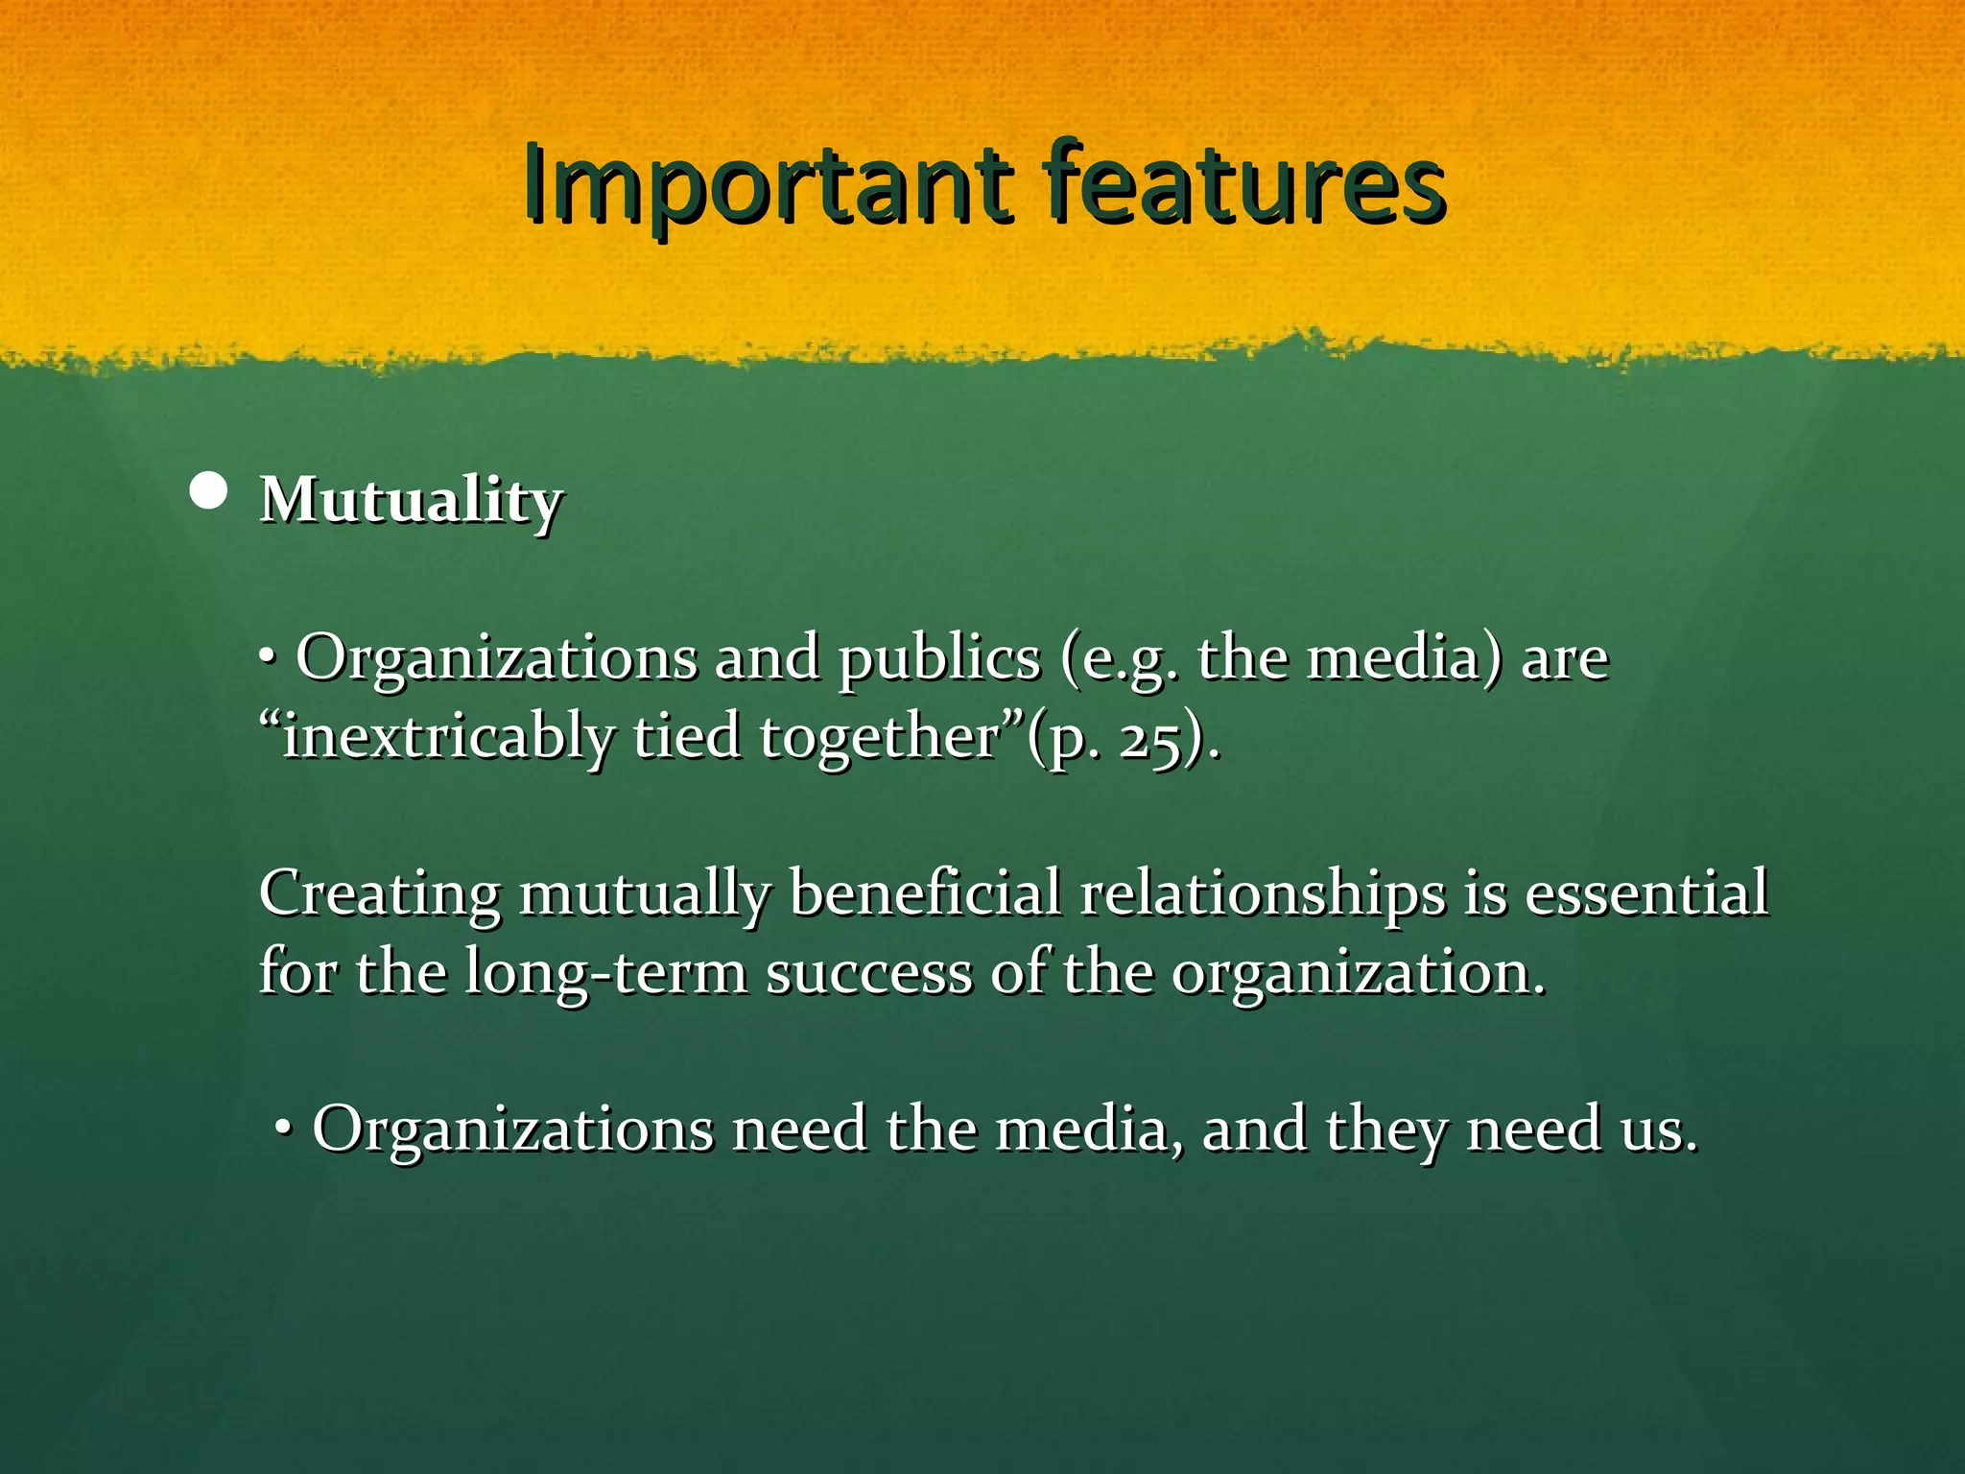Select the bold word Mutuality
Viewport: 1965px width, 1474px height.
[411, 501]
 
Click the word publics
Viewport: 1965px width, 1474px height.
[938, 660]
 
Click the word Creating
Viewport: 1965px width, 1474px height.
[378, 894]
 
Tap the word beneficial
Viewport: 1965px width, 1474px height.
[925, 894]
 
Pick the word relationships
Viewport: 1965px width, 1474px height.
[1263, 894]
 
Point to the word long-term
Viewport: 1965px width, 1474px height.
[606, 973]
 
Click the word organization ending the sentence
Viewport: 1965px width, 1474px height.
[1357, 973]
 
